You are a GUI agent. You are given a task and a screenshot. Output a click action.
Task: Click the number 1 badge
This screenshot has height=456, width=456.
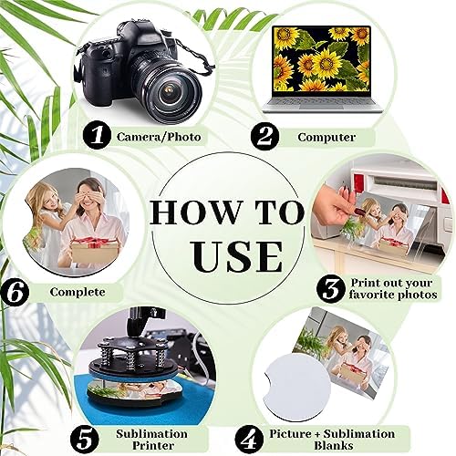[x=97, y=135]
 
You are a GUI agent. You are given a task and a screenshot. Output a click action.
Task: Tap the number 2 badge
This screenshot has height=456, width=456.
[x=264, y=136]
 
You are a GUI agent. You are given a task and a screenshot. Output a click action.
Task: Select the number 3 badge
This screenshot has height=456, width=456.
[x=331, y=289]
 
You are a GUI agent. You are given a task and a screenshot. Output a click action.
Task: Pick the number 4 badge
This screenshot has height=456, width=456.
[x=249, y=440]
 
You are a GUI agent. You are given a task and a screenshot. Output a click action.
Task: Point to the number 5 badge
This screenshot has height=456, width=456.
[x=85, y=440]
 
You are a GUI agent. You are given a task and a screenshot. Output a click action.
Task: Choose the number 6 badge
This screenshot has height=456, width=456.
[x=15, y=292]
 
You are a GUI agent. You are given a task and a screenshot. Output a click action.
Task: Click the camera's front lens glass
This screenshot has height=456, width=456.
[x=169, y=93]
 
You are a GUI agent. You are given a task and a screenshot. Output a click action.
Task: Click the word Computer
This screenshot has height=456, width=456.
[x=326, y=138]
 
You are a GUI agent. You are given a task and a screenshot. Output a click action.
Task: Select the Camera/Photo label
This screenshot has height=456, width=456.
[x=159, y=137]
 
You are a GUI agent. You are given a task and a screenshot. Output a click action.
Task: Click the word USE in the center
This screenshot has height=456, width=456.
[x=238, y=256]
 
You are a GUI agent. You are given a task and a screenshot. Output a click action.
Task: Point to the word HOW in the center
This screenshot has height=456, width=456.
[x=194, y=212]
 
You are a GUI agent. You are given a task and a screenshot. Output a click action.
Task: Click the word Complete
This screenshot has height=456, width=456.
[x=78, y=292]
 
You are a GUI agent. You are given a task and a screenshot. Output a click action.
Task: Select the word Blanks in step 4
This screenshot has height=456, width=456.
[x=334, y=446]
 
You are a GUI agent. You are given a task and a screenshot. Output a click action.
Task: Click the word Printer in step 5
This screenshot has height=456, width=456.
[x=153, y=446]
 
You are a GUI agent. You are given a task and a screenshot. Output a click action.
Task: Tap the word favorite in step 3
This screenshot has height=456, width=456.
[x=371, y=295]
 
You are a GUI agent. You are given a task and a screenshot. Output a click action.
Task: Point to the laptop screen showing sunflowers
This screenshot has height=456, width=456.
[x=322, y=59]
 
